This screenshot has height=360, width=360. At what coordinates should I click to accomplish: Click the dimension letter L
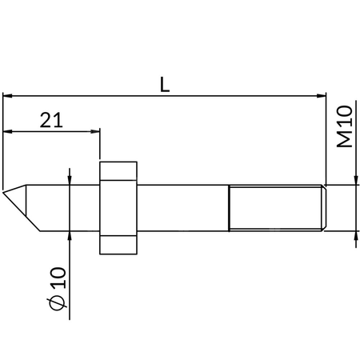(x=165, y=84)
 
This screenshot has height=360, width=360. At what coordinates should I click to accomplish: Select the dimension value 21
(x=51, y=120)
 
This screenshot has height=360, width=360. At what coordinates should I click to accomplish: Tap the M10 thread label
(x=345, y=126)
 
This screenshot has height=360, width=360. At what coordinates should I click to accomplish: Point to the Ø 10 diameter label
(x=58, y=289)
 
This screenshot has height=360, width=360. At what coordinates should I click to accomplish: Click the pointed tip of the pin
(x=3, y=192)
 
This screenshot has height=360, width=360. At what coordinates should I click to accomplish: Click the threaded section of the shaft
(x=275, y=208)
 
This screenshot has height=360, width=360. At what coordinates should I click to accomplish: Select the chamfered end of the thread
(x=324, y=208)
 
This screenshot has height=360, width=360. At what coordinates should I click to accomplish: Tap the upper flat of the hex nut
(x=118, y=171)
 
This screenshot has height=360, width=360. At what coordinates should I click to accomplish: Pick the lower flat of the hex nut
(x=118, y=245)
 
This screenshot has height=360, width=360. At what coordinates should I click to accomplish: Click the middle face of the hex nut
(x=118, y=208)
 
